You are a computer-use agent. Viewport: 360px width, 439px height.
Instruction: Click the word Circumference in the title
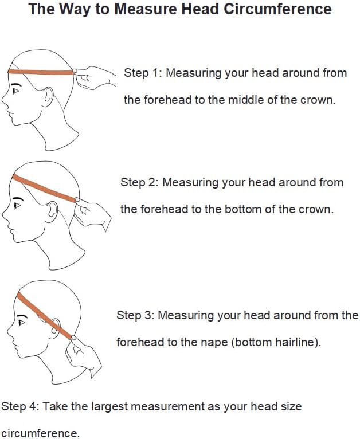(277, 9)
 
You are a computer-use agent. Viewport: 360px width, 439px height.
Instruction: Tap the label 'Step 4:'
(20, 406)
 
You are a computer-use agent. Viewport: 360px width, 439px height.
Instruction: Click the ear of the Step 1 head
(48, 95)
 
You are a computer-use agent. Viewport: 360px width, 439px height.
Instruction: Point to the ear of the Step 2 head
(53, 209)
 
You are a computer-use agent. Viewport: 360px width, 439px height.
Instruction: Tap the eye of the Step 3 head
(21, 323)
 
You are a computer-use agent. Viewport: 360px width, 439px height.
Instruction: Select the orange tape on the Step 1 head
(41, 72)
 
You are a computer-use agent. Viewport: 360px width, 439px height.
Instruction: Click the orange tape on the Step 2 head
(44, 188)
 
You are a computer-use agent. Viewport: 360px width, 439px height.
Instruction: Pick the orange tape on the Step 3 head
(45, 315)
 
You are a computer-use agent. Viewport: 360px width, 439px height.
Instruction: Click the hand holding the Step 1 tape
(94, 77)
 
